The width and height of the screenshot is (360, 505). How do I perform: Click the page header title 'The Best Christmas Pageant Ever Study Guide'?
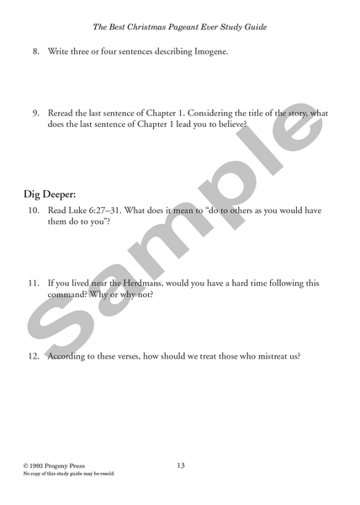click(x=180, y=27)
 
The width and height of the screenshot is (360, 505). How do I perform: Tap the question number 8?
click(x=36, y=52)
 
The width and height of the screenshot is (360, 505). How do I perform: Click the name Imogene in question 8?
click(x=207, y=52)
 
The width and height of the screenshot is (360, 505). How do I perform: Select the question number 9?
click(x=36, y=114)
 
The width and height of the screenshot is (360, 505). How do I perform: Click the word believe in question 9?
click(x=229, y=125)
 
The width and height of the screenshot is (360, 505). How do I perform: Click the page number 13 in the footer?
click(x=181, y=465)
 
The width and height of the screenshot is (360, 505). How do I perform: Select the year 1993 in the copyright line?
click(x=38, y=465)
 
